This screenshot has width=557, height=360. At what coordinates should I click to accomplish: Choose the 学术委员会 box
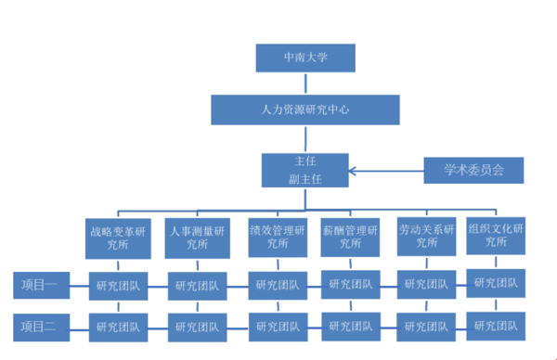point(473,170)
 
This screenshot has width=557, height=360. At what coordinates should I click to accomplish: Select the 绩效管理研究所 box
point(276,237)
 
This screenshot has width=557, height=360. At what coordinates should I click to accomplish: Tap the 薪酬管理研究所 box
point(349,237)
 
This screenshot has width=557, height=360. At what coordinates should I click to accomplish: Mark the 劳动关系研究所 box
point(426,236)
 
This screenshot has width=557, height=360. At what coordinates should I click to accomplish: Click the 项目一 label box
point(40,286)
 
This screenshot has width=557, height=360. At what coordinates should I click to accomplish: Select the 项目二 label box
point(40,326)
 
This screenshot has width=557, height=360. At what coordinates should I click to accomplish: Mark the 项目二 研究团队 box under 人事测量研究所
point(198,326)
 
